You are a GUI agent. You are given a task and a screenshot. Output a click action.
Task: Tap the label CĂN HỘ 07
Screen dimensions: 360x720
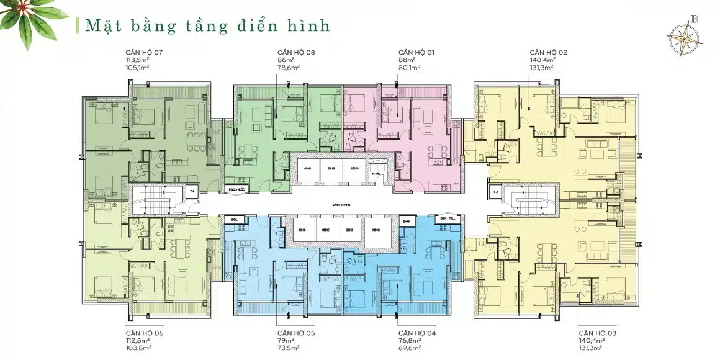[x=145, y=52]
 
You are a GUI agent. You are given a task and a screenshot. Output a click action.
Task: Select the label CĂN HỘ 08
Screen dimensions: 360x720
[x=296, y=52]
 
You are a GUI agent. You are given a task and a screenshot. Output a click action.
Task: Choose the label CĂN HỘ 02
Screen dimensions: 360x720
[x=548, y=52]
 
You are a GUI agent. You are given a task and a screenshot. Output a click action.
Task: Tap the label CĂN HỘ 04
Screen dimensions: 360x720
[x=417, y=333]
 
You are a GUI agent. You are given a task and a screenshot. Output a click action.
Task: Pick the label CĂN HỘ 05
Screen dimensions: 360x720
[x=296, y=333]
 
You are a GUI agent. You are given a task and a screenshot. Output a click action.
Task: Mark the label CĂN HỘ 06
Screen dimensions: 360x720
[x=145, y=333]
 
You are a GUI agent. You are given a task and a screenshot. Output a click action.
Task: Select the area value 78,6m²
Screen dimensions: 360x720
[x=289, y=68]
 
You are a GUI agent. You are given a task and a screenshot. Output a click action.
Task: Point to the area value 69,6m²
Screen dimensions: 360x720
[x=410, y=349]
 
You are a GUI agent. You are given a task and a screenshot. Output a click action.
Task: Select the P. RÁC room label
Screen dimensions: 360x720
[x=376, y=175]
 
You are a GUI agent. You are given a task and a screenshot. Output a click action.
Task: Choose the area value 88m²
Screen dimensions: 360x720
[x=407, y=60]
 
